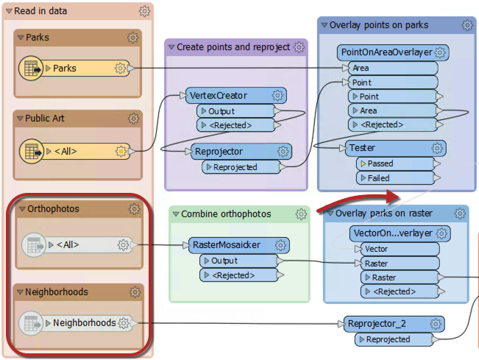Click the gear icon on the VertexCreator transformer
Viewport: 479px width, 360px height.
(x=277, y=96)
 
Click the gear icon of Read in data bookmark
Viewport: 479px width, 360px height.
(x=145, y=11)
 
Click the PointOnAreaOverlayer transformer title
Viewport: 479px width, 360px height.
(x=384, y=53)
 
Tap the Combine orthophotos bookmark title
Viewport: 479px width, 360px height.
(x=227, y=214)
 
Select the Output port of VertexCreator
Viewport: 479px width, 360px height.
(x=221, y=111)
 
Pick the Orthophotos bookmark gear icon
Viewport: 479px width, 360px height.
(x=133, y=209)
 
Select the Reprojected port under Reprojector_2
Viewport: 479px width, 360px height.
(x=388, y=339)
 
